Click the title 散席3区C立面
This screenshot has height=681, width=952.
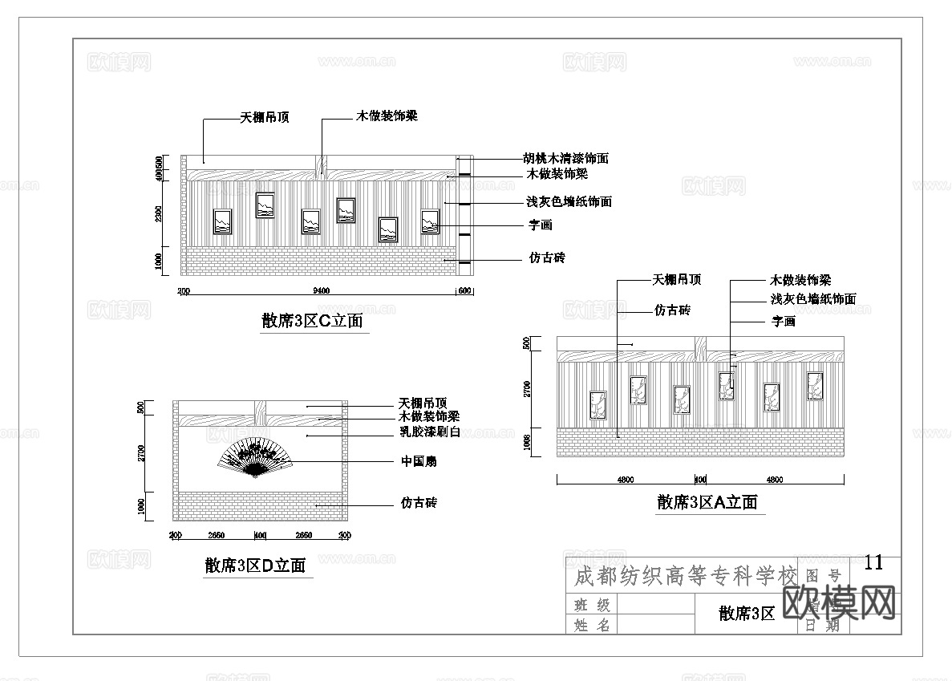coord(312,322)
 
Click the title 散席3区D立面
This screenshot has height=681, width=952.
coord(255,565)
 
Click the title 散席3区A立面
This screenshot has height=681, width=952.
coord(707,503)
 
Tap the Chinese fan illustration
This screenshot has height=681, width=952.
coord(255,458)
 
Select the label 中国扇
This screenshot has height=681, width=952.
coord(419,461)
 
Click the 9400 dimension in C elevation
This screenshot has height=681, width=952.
coord(320,291)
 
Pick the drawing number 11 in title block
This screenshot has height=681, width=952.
coord(873,562)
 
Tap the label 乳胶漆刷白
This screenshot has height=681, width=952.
coord(429,432)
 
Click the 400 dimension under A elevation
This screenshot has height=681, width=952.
coord(699,480)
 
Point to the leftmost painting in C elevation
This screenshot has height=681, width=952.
coord(222,221)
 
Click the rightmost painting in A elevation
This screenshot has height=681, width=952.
coord(815,386)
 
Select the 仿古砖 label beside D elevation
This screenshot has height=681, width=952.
coord(419,504)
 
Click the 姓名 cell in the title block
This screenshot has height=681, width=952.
coord(592,625)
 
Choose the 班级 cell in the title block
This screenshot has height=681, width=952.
coord(592,605)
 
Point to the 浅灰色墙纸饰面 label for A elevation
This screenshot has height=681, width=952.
coord(812,299)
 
